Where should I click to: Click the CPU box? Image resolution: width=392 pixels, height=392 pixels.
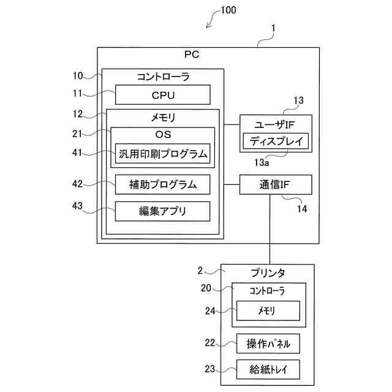coord(163,95)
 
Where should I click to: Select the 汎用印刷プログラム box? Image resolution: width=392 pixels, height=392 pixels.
coord(162,153)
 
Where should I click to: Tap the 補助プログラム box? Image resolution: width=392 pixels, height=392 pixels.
coord(162,184)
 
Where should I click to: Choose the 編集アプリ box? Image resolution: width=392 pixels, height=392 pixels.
coord(162,211)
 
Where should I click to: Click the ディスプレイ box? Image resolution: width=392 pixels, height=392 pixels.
coord(276,141)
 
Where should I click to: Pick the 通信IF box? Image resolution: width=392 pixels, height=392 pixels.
coord(276,184)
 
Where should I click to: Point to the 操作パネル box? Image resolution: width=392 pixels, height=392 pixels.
coord(268,344)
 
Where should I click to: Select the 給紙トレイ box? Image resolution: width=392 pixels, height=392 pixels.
coord(268,369)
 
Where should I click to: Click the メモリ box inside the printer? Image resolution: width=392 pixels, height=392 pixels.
coord(268,311)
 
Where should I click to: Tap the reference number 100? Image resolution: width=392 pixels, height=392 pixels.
coord(227,10)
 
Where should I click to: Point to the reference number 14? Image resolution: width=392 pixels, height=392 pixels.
coord(301,209)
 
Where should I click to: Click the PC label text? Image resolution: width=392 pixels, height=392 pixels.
coord(192,55)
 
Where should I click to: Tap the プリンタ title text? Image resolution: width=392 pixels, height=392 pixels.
coord(268,272)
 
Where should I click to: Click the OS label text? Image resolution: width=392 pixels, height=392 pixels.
coord(163,134)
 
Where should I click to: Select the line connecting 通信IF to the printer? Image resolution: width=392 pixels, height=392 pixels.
coord(269,230)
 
